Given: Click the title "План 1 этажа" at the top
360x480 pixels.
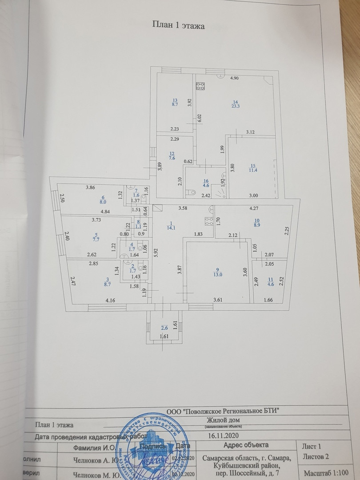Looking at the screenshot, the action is tap(178, 26).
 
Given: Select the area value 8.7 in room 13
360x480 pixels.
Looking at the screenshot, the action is tap(175, 105).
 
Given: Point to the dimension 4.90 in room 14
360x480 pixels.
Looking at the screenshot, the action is tap(234, 78).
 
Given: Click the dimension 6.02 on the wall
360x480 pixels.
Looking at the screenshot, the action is tap(200, 118).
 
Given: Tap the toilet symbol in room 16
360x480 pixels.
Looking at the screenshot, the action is tap(192, 192).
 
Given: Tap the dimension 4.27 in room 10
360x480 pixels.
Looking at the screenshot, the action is tap(254, 208).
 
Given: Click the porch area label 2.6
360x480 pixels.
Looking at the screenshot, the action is tap(164, 328).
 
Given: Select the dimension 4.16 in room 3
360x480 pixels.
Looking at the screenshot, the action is tap(110, 301).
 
